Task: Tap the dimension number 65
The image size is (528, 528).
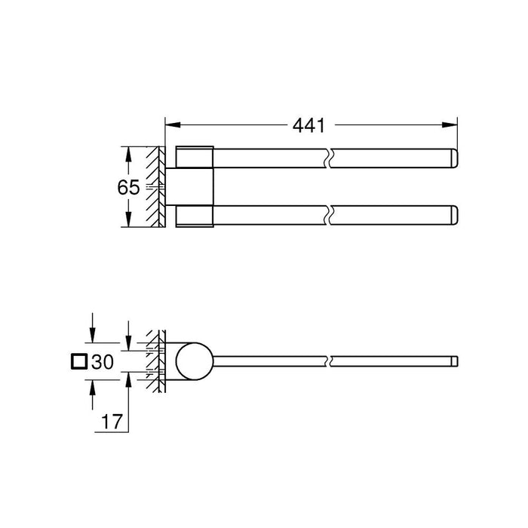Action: tap(128, 187)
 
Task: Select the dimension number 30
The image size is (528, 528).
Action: tap(102, 363)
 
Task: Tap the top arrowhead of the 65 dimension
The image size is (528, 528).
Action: tap(129, 152)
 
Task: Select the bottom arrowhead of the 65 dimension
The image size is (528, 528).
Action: tap(129, 223)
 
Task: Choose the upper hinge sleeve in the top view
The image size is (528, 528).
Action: tap(195, 156)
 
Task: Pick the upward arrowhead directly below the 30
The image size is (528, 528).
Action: tap(93, 385)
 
